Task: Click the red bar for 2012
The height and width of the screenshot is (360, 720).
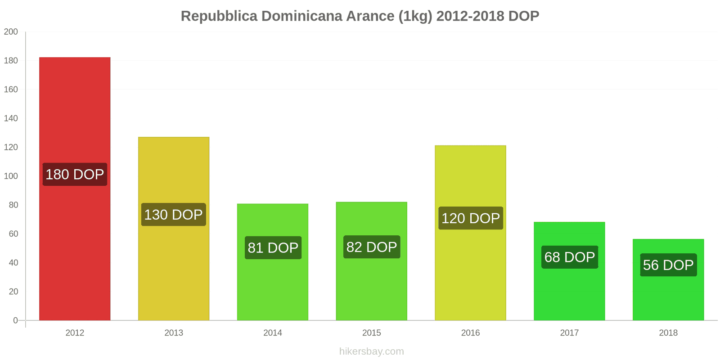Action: [x=75, y=112]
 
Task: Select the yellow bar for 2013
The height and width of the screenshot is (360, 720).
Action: [x=174, y=171]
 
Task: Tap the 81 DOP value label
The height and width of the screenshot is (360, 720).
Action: [x=273, y=247]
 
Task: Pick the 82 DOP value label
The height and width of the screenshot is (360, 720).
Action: [x=372, y=247]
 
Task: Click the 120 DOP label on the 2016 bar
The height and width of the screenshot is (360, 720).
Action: [x=471, y=218]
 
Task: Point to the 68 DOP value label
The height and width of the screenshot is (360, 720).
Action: [x=570, y=257]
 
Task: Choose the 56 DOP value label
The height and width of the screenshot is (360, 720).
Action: [x=668, y=265]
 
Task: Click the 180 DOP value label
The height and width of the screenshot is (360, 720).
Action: [x=75, y=174]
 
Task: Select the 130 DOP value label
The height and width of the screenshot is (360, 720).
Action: [x=174, y=215]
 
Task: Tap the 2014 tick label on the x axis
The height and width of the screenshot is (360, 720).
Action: [x=273, y=333]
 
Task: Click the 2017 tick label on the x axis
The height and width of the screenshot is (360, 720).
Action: [x=569, y=333]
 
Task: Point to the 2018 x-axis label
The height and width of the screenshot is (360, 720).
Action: [x=668, y=333]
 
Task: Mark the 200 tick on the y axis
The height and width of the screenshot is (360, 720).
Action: [x=11, y=32]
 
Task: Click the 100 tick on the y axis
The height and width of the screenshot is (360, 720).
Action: [x=11, y=176]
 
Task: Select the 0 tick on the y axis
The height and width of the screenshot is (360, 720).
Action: [x=15, y=320]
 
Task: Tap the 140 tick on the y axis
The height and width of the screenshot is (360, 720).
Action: [x=11, y=118]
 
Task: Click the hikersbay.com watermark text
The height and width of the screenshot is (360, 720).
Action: [x=372, y=351]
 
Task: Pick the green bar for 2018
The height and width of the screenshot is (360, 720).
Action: [x=668, y=297]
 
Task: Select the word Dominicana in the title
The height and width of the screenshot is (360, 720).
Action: [x=301, y=16]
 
